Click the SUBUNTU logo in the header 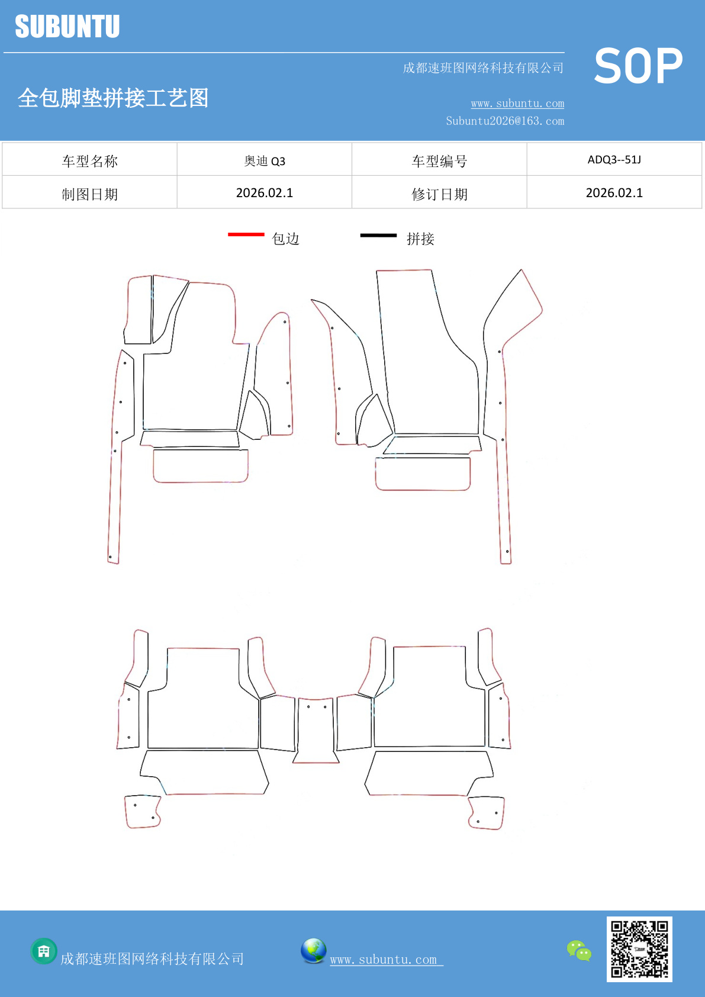67,26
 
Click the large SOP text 638,66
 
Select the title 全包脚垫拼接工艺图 113,98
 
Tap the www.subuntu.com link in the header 517,103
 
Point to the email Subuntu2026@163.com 505,121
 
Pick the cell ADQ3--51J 614,159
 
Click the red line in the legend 246,234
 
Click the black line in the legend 378,235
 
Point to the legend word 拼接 420,239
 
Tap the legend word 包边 285,239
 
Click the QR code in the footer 639,950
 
